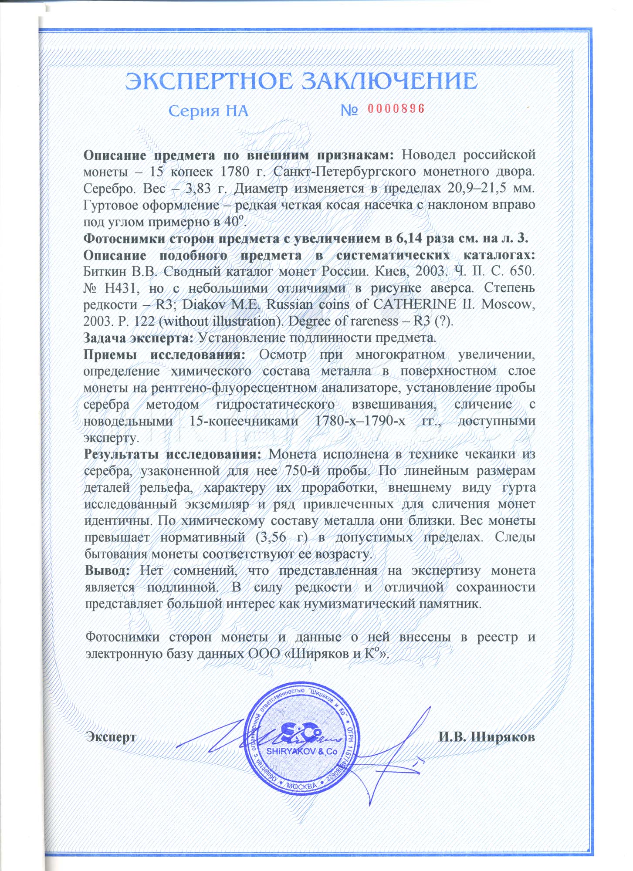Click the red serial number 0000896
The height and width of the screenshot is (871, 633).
click(x=396, y=109)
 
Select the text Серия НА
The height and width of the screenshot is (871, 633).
click(x=208, y=111)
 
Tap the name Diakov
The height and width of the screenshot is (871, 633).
click(x=203, y=304)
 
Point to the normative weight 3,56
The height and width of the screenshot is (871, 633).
click(x=274, y=537)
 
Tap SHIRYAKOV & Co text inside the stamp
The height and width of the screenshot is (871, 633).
click(x=301, y=751)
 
